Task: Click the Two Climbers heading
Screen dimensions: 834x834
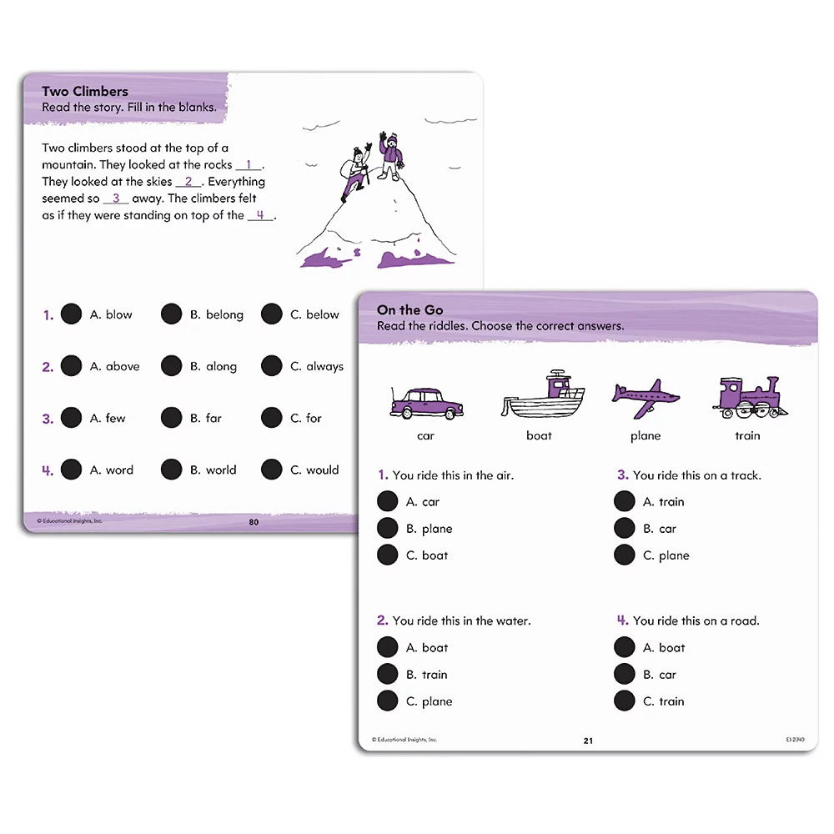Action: coord(85,91)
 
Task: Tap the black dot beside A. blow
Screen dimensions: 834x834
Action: coord(72,314)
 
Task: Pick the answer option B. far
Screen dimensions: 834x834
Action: coord(214,418)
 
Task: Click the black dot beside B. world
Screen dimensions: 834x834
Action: coord(172,470)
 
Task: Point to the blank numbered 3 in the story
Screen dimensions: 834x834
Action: coord(116,198)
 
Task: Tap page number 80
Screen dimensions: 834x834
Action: coord(254,522)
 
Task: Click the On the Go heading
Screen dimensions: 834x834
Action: coord(409,309)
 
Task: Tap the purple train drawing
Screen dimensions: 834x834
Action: coord(750,397)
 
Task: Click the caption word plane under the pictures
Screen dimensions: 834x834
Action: coord(646,435)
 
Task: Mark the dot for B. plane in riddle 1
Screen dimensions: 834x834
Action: coord(387,528)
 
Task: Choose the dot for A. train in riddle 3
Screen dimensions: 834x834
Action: coord(625,501)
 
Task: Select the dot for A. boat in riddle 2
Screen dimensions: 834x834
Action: coord(387,647)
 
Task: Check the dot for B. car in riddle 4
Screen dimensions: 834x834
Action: coord(625,674)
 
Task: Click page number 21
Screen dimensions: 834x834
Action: coord(588,741)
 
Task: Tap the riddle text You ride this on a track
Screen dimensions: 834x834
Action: coord(696,475)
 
